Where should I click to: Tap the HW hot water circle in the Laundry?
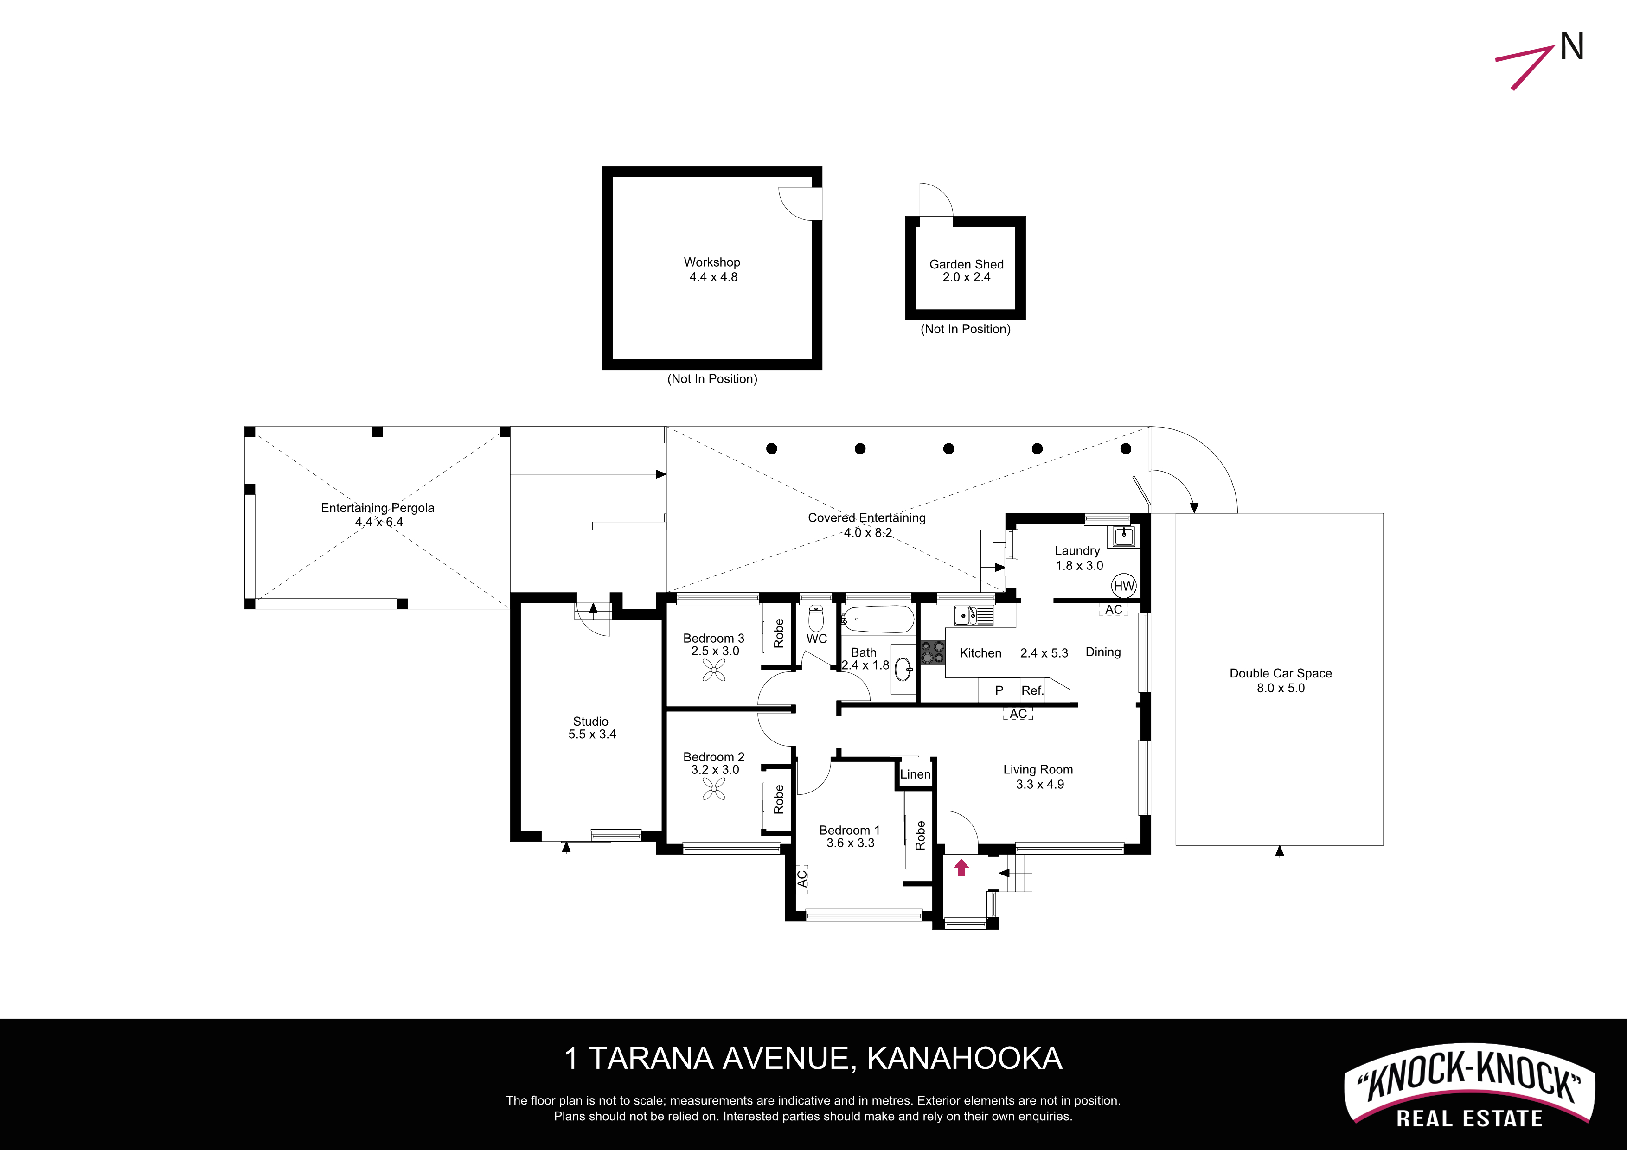pyautogui.click(x=1124, y=586)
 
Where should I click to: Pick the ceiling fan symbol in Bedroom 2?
pyautogui.click(x=714, y=789)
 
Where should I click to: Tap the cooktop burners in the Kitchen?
pyautogui.click(x=933, y=652)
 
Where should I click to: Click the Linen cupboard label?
pyautogui.click(x=916, y=774)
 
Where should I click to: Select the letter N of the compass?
pyautogui.click(x=1572, y=47)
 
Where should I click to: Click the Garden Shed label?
pyautogui.click(x=967, y=264)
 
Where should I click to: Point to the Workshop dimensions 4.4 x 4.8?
pyautogui.click(x=714, y=277)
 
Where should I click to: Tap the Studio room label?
pyautogui.click(x=591, y=722)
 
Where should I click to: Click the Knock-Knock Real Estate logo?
pyautogui.click(x=1470, y=1085)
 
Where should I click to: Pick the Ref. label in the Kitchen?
pyautogui.click(x=1032, y=690)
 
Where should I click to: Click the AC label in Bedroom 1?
pyautogui.click(x=802, y=879)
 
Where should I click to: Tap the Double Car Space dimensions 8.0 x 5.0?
pyautogui.click(x=1281, y=688)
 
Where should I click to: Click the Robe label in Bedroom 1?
pyautogui.click(x=921, y=836)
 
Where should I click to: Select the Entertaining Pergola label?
pyautogui.click(x=378, y=508)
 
